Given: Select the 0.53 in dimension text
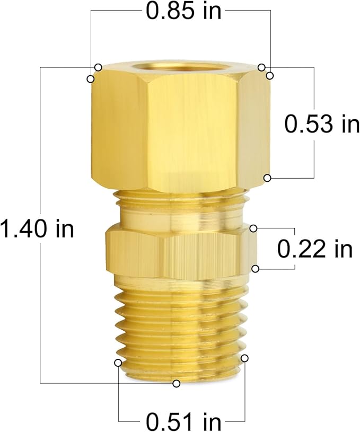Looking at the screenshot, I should point(322,124).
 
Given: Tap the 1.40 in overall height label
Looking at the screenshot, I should point(37,229).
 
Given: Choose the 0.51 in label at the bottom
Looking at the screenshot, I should point(182,422).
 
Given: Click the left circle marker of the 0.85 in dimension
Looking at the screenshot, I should point(91,79).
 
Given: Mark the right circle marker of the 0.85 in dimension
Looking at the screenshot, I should point(270,76).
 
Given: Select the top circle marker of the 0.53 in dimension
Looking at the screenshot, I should point(261,67).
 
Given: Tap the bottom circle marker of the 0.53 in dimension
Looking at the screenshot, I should point(268,178).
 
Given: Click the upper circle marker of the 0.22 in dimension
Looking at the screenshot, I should point(254,228).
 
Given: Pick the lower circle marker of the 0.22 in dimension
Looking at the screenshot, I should point(256,269).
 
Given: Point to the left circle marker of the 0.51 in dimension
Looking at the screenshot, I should point(118,363).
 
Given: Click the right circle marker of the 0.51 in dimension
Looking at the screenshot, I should point(244,358).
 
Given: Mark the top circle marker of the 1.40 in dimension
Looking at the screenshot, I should point(98,67).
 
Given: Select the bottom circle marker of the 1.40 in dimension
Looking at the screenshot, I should point(177,383).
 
